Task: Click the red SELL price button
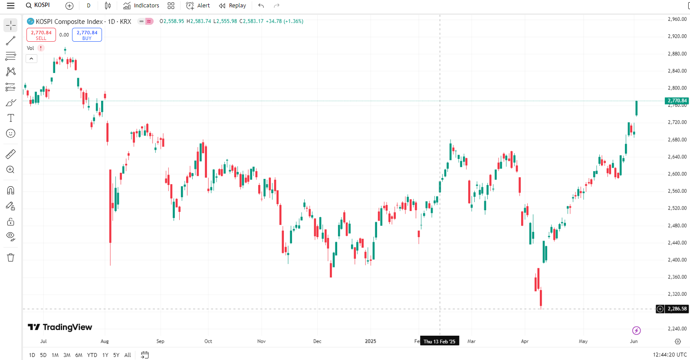[41, 35]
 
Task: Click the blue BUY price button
[87, 35]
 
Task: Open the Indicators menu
[141, 6]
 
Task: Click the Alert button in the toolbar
[198, 6]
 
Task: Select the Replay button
[232, 6]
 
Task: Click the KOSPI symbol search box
[38, 6]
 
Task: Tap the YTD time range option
[92, 355]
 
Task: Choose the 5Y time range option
[116, 355]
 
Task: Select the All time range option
[128, 355]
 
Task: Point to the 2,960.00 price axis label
[677, 19]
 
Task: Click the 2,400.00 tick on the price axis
[677, 260]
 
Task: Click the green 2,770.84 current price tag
[677, 101]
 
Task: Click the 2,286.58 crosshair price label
[677, 309]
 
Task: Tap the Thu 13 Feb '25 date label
[440, 341]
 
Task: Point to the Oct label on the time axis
[208, 341]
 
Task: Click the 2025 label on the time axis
[371, 341]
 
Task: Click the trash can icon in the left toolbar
[10, 258]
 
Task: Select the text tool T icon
[10, 118]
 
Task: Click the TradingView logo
[60, 327]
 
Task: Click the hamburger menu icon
[10, 6]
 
